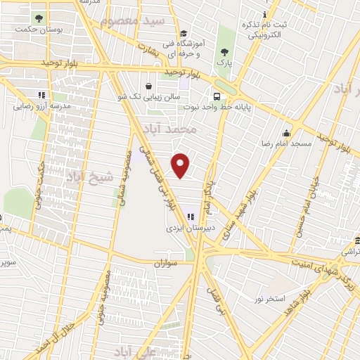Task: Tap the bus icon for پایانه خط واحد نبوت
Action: click(216, 95)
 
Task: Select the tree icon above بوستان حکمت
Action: click(37, 18)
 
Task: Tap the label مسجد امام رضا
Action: click(286, 143)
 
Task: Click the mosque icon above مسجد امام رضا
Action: click(286, 133)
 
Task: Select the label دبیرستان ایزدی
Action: click(189, 228)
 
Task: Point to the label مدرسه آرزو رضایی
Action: click(41, 105)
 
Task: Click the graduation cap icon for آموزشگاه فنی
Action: click(184, 33)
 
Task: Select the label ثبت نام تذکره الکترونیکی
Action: click(265, 30)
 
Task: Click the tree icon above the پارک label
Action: click(224, 51)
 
